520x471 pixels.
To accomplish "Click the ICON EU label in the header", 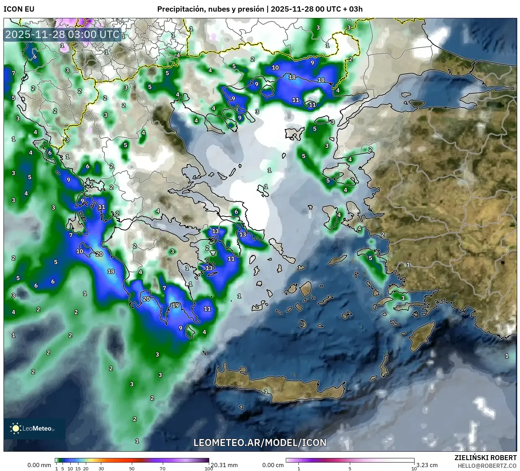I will click(x=19, y=9).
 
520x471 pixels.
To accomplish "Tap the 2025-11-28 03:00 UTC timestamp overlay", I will click(x=62, y=34).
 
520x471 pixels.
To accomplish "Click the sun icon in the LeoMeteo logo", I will click(x=15, y=428).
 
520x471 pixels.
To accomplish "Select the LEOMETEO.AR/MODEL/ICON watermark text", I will click(x=260, y=443).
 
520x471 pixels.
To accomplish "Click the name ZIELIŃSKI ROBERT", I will click(x=486, y=458).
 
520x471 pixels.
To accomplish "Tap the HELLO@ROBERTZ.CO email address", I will click(x=487, y=465).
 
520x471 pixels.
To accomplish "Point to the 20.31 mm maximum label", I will click(x=224, y=465).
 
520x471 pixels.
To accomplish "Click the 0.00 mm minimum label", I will click(x=39, y=465).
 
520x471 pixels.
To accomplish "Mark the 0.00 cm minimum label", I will click(x=273, y=465).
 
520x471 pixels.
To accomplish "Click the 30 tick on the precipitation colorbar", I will click(x=101, y=469).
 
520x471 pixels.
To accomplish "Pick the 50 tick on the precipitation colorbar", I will click(x=132, y=469).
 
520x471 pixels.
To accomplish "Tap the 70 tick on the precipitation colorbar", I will click(x=162, y=469).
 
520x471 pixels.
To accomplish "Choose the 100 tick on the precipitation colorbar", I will click(x=208, y=469).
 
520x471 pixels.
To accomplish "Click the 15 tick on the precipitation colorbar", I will click(x=78, y=469).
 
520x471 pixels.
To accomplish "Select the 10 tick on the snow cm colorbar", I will click(x=414, y=469).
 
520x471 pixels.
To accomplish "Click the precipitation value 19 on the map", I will click(x=175, y=305).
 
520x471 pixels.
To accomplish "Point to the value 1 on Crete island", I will click(x=266, y=391).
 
